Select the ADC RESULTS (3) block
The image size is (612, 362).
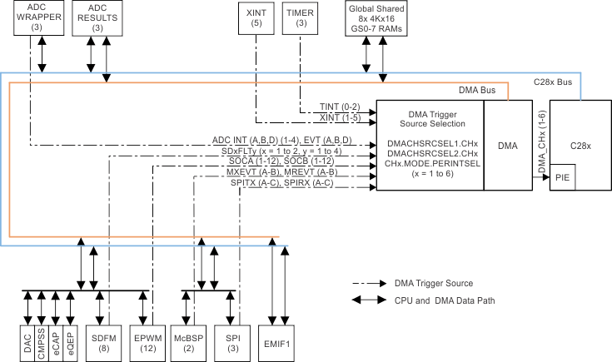pyautogui.click(x=97, y=17)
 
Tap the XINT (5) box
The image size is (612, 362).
pyautogui.click(x=256, y=17)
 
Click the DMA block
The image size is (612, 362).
pyautogui.click(x=507, y=146)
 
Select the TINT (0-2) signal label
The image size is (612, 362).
pyautogui.click(x=340, y=107)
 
